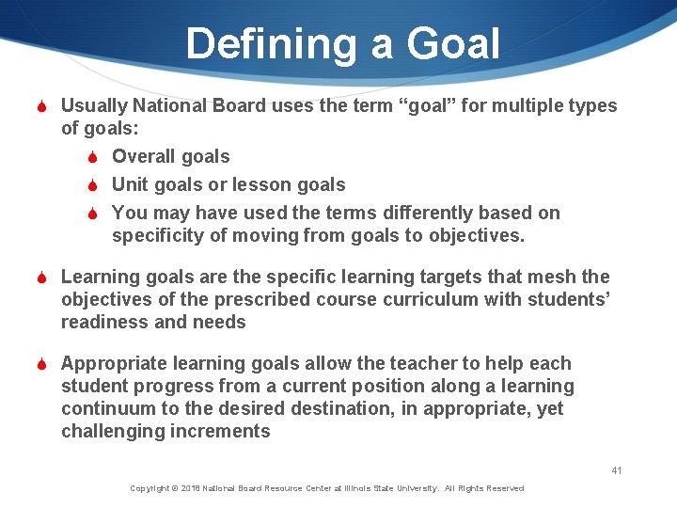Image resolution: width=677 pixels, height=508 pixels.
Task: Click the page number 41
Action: click(x=617, y=470)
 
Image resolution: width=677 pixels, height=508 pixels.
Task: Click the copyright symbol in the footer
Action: click(x=176, y=488)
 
